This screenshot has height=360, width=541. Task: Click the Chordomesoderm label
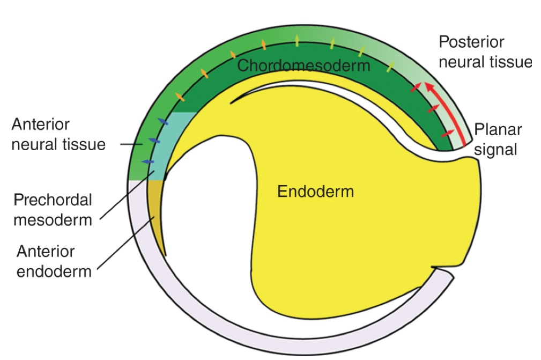303,65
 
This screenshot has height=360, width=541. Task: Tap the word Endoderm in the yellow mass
315,190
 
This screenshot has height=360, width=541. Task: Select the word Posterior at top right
471,42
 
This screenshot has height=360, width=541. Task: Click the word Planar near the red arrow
498,130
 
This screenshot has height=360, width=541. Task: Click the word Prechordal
53,200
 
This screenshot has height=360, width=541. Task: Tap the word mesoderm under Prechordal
53,219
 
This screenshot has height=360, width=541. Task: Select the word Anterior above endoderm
46,251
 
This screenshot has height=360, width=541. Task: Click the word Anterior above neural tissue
41,124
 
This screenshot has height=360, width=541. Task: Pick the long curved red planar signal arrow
443,107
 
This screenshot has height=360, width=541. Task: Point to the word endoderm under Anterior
54,271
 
